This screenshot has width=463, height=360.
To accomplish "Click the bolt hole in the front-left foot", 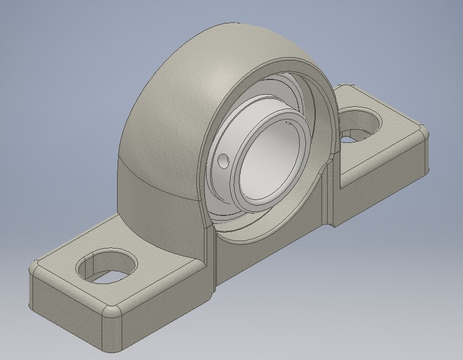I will (x=107, y=266).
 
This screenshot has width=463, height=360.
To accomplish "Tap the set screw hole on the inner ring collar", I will (x=223, y=162).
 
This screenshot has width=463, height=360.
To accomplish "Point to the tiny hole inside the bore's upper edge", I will (x=288, y=122).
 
